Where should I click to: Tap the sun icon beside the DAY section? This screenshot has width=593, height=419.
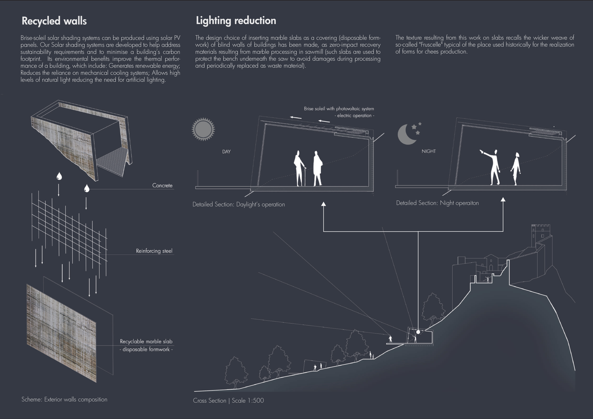(x=203, y=129)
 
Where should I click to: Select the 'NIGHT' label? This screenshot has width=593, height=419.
(x=429, y=151)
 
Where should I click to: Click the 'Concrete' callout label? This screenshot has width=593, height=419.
(x=162, y=185)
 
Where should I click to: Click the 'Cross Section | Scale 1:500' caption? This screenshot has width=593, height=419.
(x=228, y=400)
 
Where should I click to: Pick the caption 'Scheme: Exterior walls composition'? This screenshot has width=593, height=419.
(x=64, y=399)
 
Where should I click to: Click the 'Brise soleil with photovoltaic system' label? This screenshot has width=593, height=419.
(x=339, y=109)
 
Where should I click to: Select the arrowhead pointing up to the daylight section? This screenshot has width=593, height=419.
(x=323, y=204)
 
